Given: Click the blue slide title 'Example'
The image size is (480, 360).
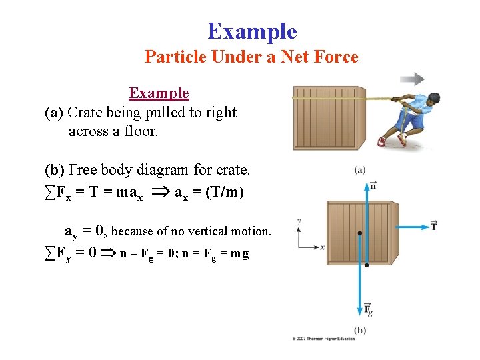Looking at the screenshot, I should tap(252, 31).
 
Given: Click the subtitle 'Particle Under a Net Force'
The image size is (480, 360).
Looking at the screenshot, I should tap(251, 57).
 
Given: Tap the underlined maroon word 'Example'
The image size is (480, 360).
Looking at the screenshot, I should tap(159, 93).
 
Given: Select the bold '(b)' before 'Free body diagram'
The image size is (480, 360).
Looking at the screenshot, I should tap(55, 171).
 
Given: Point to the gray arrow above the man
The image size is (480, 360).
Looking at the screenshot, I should tap(413, 79).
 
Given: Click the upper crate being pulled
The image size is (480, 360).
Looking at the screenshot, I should tap(328, 118).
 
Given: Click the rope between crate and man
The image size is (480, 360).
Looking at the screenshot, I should tap(377, 98).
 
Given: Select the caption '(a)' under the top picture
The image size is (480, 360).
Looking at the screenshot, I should tap(359, 171).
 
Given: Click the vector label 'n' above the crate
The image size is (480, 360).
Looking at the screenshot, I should tap(373, 185).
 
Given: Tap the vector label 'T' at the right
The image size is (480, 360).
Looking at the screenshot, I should tap(434, 226).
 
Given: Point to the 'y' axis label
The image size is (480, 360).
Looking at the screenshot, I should tap(298, 221).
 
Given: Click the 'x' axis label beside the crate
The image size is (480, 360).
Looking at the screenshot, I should tap(322, 247).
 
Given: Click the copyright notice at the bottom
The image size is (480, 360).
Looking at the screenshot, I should tap(323, 339).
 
